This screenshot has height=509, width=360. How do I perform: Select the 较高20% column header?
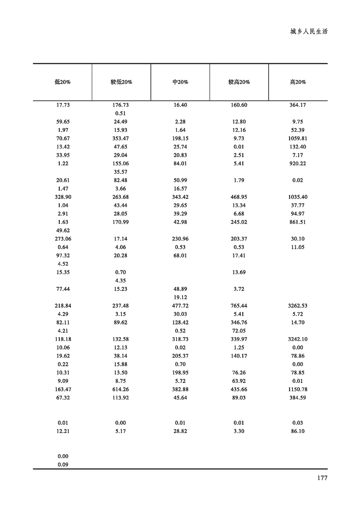coord(239,83)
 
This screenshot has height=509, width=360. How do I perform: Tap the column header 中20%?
coord(180,83)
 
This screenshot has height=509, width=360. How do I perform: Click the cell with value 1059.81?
coord(298,138)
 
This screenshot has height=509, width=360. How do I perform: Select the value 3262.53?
coord(298,306)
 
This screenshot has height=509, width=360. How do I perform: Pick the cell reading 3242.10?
coord(298,339)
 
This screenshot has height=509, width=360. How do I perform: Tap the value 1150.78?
coord(298,389)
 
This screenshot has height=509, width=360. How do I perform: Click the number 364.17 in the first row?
coord(298,105)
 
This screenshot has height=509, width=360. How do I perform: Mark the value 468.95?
coord(239,197)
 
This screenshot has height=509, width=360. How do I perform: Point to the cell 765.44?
coord(239,306)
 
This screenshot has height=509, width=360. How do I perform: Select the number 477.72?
coord(180,306)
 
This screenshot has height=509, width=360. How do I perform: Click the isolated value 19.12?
coord(180,298)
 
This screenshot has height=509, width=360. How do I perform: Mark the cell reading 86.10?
coord(298,431)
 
